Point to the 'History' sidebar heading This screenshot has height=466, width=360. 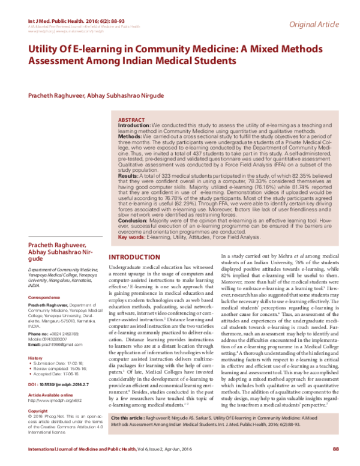(x=35, y=358)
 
